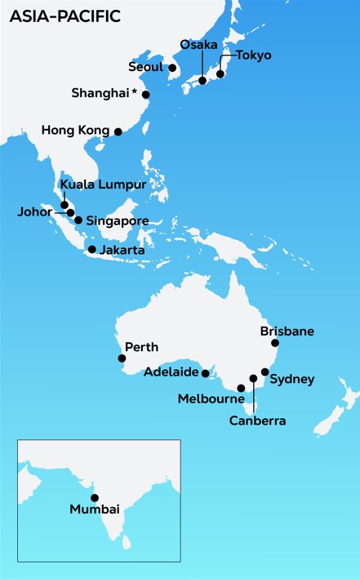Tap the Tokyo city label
(254, 56)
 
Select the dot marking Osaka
(202, 81)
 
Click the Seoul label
(147, 67)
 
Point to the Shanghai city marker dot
(146, 95)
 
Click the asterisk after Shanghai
(133, 91)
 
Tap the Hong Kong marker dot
(118, 131)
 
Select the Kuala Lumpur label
(103, 185)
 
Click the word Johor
(34, 211)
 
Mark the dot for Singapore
(78, 220)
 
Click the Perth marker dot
(122, 358)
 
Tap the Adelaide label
(171, 372)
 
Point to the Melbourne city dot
(241, 388)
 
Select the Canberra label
(257, 421)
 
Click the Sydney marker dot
(264, 372)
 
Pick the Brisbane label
(287, 332)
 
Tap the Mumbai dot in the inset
(95, 497)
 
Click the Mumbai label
(95, 510)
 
